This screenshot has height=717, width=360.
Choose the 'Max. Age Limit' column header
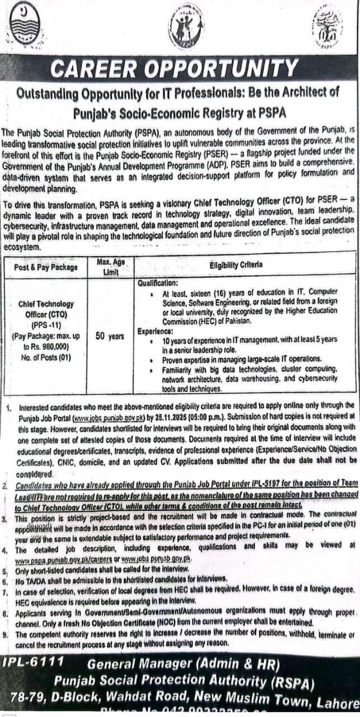110,266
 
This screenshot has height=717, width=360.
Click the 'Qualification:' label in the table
158,283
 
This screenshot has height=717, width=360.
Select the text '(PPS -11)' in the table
50,324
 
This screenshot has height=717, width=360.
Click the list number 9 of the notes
6,634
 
